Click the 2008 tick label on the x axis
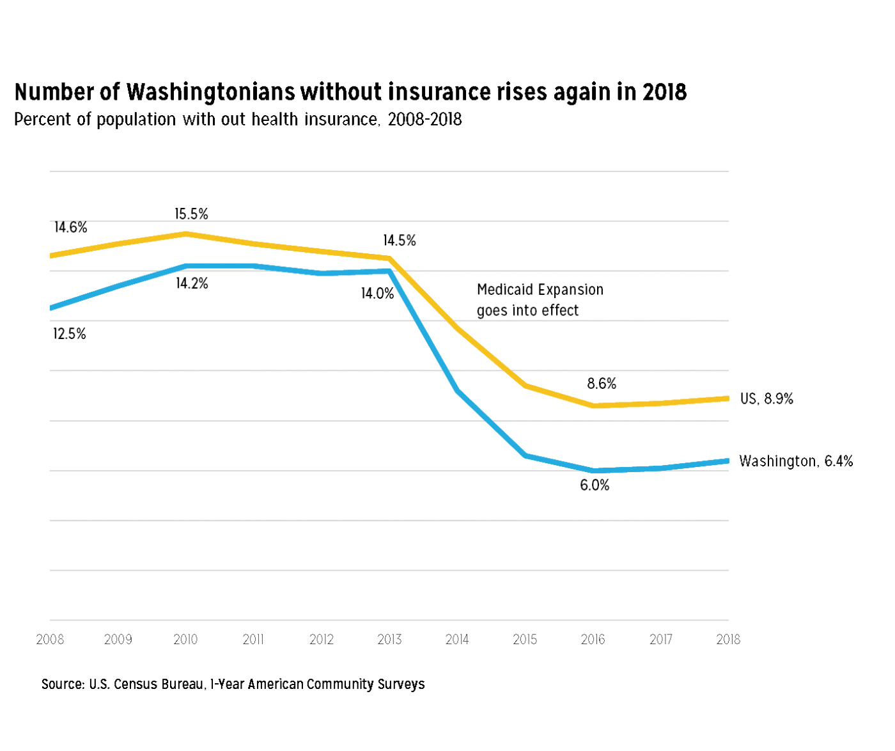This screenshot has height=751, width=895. pyautogui.click(x=50, y=639)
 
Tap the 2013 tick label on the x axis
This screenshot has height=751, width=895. pyautogui.click(x=389, y=639)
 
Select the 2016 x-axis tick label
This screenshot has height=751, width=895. pyautogui.click(x=593, y=639)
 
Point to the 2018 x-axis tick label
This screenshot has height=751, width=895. pyautogui.click(x=728, y=639)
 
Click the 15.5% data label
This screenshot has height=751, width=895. pyautogui.click(x=191, y=214)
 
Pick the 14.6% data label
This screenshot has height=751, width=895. pyautogui.click(x=70, y=228)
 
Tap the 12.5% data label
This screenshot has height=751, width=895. pyautogui.click(x=69, y=334)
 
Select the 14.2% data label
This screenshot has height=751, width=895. pyautogui.click(x=192, y=283)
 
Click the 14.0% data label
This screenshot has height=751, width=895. pyautogui.click(x=377, y=294)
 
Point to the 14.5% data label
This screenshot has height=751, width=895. pyautogui.click(x=400, y=241)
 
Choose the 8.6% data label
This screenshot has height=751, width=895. pyautogui.click(x=602, y=384)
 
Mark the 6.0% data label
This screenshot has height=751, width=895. pyautogui.click(x=595, y=486)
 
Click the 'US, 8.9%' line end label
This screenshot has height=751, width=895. pyautogui.click(x=767, y=399)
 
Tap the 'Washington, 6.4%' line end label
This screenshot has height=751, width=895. pyautogui.click(x=796, y=461)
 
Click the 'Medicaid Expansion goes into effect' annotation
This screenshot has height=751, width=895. pyautogui.click(x=540, y=300)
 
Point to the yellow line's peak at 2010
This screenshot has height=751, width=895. pyautogui.click(x=186, y=233)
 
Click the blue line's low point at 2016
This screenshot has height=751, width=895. pyautogui.click(x=593, y=471)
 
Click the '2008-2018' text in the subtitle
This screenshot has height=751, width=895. pyautogui.click(x=424, y=120)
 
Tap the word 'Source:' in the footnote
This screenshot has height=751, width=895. pyautogui.click(x=63, y=684)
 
